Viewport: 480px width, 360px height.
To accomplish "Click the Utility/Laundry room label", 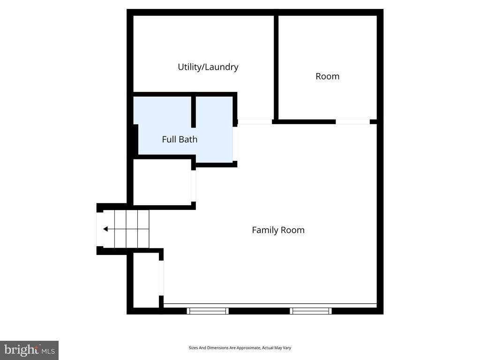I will click(208, 67).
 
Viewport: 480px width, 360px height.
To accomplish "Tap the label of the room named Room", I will click(327, 76).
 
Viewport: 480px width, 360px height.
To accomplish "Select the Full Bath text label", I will click(180, 139).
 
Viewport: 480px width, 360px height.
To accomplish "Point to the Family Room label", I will click(278, 230).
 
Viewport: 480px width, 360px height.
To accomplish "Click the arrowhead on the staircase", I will click(106, 229).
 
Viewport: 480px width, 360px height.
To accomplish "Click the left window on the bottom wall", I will click(208, 311).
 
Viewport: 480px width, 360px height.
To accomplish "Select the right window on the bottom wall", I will click(311, 311).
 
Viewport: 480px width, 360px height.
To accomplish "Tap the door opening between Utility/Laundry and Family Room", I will click(255, 122).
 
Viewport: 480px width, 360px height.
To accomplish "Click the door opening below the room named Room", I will click(352, 122).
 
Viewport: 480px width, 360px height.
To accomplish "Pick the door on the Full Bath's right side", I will click(235, 143).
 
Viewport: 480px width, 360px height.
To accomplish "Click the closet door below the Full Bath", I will click(193, 186).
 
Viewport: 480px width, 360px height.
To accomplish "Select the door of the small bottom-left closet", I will click(161, 277).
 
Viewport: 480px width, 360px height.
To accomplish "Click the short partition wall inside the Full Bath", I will click(193, 112).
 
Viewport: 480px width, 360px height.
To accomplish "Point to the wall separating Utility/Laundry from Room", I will click(276, 68).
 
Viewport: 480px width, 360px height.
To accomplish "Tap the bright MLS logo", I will click(29, 350).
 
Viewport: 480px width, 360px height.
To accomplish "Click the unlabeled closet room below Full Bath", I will click(162, 182).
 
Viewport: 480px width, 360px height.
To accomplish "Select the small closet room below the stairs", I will click(146, 280).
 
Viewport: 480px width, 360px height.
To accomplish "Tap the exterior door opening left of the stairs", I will click(99, 229).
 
